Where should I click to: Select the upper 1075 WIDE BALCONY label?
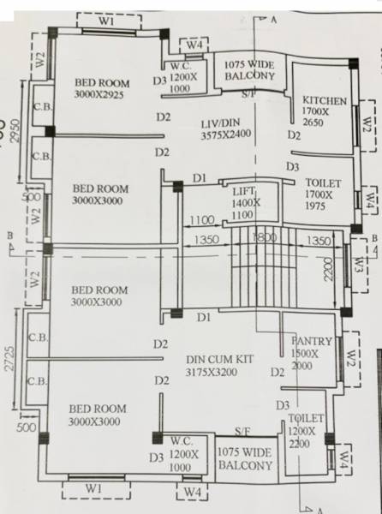(249, 70)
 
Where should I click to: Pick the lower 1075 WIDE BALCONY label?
(244, 458)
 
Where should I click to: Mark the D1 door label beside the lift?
(200, 177)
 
